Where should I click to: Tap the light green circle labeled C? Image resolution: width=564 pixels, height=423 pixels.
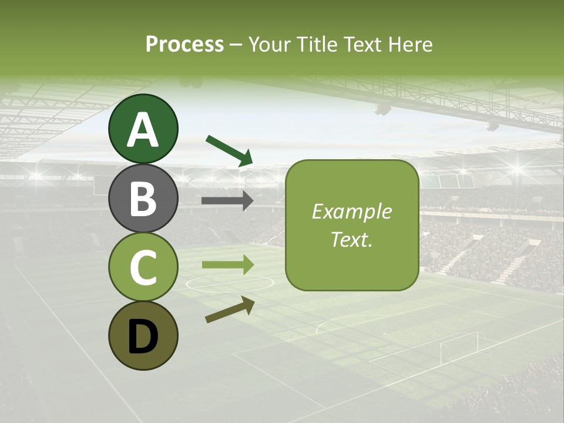[143, 267]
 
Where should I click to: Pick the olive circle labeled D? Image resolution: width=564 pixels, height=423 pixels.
[143, 336]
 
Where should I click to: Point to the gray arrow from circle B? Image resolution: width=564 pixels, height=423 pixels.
[227, 201]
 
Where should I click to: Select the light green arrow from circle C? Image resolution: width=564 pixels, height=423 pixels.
[227, 265]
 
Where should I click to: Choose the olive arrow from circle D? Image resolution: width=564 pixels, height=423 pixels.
[230, 310]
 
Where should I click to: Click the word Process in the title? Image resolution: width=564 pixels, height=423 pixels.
[184, 44]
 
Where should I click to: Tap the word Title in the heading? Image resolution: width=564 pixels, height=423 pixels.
[317, 44]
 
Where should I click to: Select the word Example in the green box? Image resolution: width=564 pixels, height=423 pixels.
[351, 211]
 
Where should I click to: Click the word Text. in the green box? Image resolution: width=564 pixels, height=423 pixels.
[351, 239]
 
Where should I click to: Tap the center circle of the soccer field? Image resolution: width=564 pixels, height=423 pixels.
[230, 283]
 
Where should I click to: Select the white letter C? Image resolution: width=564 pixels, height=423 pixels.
[143, 267]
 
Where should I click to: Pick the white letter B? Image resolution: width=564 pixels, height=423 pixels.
[143, 199]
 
